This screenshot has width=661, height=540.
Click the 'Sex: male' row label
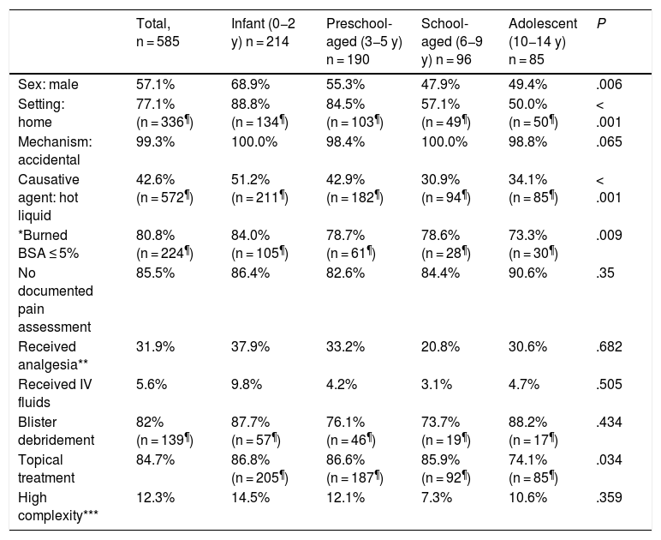48,84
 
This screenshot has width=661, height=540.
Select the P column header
601,24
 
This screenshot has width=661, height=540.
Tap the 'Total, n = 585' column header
158,33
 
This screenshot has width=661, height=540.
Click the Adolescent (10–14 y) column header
543,41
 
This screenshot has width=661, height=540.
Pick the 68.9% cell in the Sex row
250,84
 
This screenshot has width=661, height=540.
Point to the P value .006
609,84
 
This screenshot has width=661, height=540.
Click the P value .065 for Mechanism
609,141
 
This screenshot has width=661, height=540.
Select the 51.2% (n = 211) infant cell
259,189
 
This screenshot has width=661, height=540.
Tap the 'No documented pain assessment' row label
55,300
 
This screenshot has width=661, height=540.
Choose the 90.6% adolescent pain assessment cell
527,273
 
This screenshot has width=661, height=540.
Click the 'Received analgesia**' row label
53,356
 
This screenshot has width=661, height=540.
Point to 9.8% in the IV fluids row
247,384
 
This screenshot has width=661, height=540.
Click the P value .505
609,384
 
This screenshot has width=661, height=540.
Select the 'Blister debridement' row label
56,431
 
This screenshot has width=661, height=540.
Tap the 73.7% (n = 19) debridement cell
446,431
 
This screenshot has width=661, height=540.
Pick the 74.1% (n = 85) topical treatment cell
533,469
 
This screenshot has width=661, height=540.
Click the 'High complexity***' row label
58,507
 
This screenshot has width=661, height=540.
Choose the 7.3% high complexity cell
437,497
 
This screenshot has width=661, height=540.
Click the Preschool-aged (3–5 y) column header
364,41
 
